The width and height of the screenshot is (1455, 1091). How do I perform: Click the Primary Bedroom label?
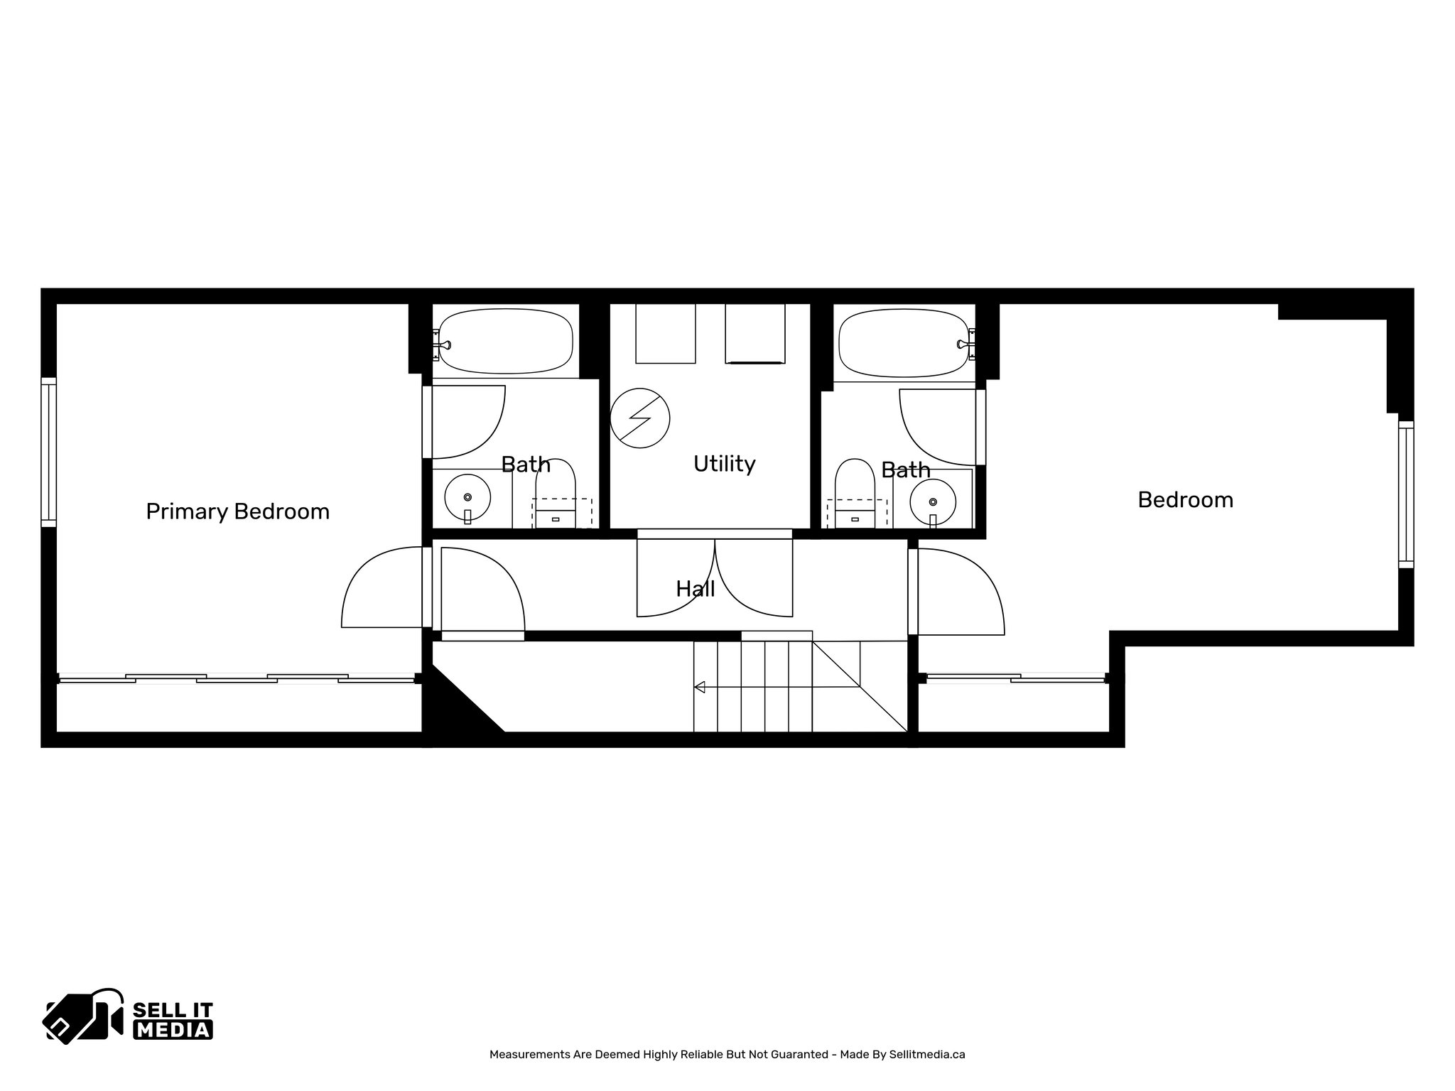(237, 511)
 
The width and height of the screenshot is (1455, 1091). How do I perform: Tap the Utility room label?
(724, 464)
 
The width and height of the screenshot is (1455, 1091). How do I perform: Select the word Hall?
(695, 589)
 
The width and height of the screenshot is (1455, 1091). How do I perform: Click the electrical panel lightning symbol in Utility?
(639, 418)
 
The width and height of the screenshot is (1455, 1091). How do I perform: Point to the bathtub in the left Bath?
(505, 341)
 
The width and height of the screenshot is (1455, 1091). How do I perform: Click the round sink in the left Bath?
(467, 497)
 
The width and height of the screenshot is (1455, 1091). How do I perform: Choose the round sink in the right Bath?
(933, 501)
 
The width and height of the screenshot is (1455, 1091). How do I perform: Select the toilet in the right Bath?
(855, 492)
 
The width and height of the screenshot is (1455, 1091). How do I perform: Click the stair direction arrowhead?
(699, 687)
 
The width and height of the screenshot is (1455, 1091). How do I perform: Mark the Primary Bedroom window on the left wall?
(48, 452)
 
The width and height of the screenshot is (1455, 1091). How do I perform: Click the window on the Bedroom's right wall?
(1405, 494)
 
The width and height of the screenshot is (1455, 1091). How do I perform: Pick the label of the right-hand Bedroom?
(1185, 500)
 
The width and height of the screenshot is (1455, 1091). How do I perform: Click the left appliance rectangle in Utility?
(665, 333)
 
